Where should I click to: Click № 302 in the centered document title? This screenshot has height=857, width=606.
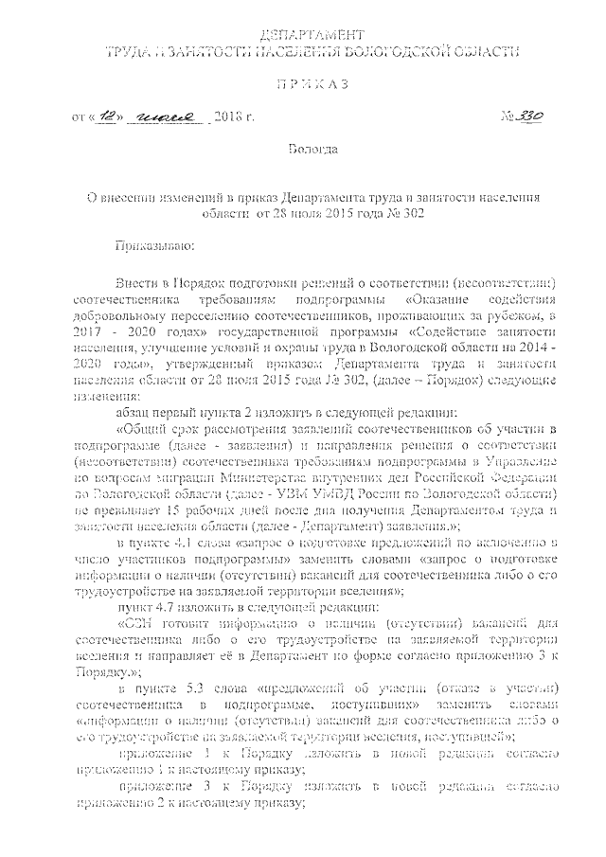tap(404, 214)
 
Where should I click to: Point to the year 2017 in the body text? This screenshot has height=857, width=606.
tap(89, 334)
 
